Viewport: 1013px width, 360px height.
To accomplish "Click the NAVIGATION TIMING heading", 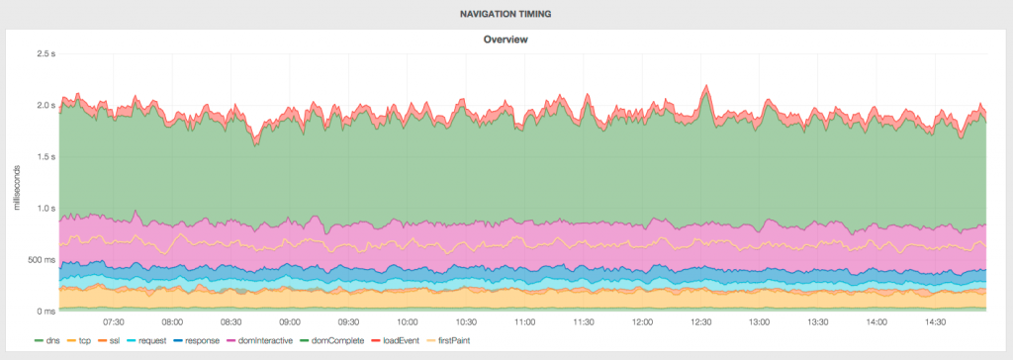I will point(506,14).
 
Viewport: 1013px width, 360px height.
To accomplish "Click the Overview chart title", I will point(506,40).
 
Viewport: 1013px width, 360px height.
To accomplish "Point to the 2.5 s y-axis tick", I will point(42,53).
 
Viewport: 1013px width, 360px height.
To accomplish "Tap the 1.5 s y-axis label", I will point(42,156).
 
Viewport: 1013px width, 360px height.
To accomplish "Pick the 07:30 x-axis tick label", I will point(114,322).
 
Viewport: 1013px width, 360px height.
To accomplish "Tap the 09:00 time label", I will point(290,322).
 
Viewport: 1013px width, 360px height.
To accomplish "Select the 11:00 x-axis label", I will point(524,322).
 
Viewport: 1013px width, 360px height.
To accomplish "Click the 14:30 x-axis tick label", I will point(935,322).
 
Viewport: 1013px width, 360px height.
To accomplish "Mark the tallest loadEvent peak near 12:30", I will point(705,86).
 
